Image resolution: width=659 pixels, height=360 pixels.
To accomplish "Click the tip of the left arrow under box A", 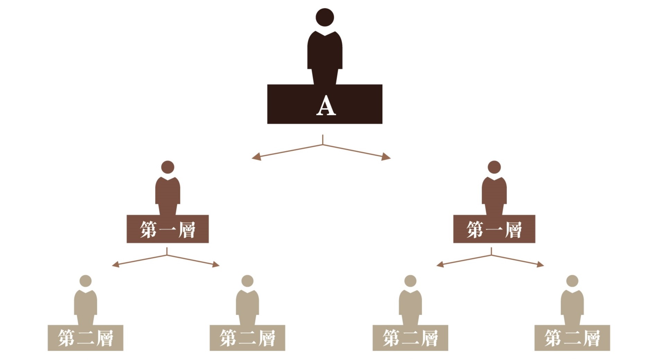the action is coord(252,159).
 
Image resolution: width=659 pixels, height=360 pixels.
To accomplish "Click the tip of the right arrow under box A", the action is coord(391,158).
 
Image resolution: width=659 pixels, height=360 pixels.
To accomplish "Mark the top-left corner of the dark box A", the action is coord(267,84).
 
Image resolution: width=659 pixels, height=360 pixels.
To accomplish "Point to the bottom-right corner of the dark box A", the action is coord(382,124).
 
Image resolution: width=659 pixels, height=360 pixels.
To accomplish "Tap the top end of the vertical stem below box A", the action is coord(323,135).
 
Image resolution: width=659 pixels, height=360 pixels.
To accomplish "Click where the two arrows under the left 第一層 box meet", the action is coord(167,255).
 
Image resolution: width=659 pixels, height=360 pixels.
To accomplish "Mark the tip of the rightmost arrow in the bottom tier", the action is coord(544,265).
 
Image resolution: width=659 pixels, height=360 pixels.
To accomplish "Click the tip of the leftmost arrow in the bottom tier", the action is coord(112,265).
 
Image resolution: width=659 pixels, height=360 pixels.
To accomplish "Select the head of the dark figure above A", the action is coord(325,17).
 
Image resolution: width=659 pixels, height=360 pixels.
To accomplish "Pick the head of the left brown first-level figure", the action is coord(168,167).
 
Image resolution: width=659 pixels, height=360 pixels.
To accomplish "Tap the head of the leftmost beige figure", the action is coord(86,281).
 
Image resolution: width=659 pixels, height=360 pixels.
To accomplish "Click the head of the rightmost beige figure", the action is coord(572,281).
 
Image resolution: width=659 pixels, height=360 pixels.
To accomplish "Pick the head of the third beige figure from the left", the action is coord(410,281).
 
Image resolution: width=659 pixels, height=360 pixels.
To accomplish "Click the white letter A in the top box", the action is coord(326,105).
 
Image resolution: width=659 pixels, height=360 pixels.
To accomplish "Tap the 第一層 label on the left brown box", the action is coord(168,229).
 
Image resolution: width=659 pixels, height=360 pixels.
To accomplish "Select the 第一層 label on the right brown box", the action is coord(494,229).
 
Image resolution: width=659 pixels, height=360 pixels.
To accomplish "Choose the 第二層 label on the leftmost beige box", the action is coord(86,338).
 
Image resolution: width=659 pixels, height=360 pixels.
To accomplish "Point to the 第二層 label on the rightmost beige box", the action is coord(572,338).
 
